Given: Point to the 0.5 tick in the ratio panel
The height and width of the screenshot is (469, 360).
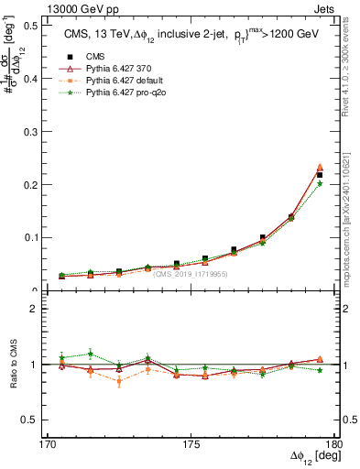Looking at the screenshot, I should click(36, 420).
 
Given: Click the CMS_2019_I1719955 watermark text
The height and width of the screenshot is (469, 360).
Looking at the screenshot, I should click(191, 274).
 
